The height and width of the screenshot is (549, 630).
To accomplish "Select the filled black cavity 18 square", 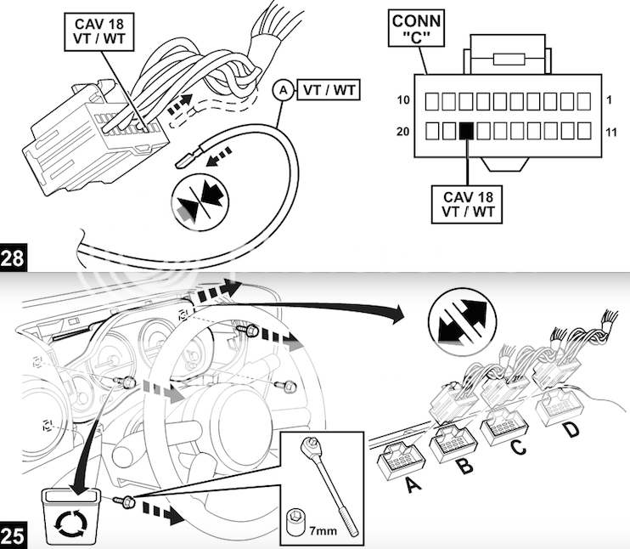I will point(465,131).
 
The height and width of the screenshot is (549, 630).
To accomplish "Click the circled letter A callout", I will point(283,89).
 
